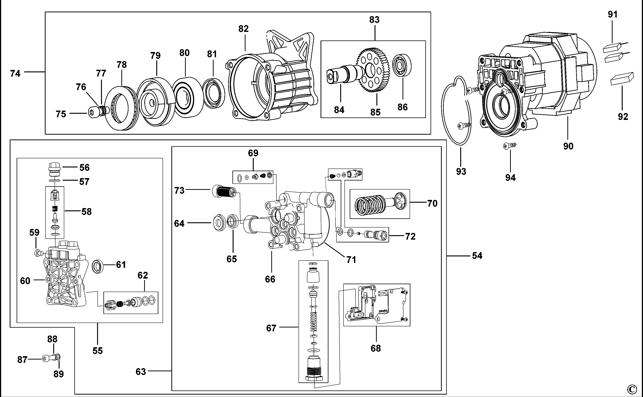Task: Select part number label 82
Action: [243, 29]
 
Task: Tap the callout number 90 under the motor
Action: [568, 146]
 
